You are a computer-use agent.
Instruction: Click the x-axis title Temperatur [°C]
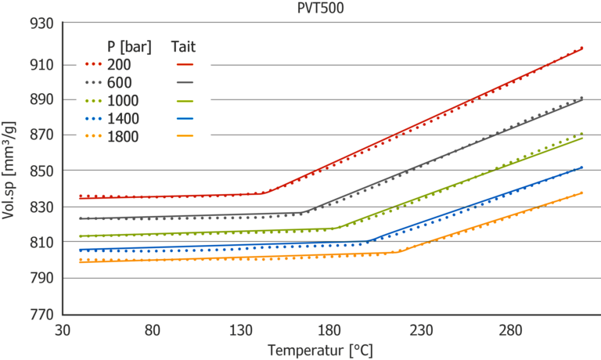point(320,349)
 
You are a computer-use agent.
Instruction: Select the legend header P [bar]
point(129,46)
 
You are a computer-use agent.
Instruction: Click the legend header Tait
point(184,46)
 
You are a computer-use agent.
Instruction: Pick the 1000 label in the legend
point(123,100)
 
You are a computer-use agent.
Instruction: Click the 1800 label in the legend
point(123,136)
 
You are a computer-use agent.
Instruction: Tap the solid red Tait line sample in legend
point(185,65)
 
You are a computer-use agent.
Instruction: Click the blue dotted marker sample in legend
point(92,119)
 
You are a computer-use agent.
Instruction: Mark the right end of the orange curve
point(583,192)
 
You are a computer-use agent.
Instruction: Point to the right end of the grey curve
point(583,98)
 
